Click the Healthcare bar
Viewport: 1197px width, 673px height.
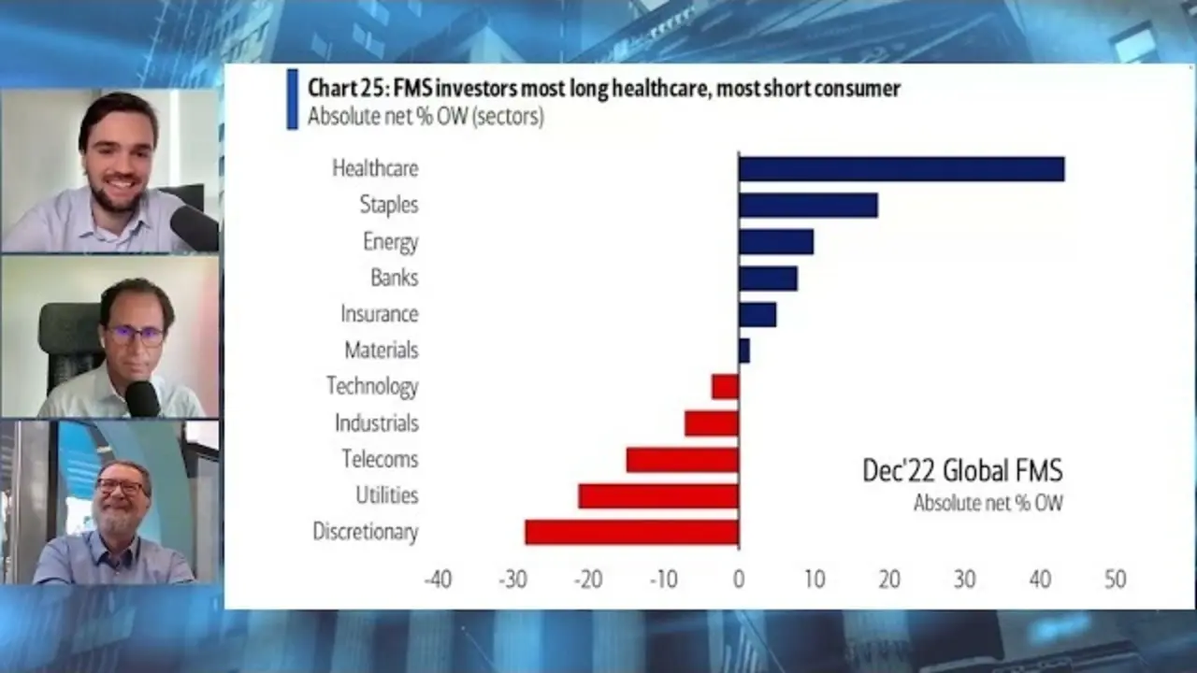(x=901, y=168)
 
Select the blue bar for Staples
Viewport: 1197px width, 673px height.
(x=808, y=205)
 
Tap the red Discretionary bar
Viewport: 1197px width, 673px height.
(x=631, y=532)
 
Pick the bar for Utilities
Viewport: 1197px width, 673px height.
(x=658, y=495)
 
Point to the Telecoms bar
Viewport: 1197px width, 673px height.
(x=682, y=459)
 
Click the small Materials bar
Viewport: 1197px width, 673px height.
(x=744, y=351)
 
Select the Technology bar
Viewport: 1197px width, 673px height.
(x=726, y=386)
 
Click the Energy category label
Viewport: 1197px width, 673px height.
(x=391, y=241)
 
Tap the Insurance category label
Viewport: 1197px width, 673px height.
(x=379, y=314)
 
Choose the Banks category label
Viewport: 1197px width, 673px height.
(x=394, y=278)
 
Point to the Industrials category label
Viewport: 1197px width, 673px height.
(x=376, y=422)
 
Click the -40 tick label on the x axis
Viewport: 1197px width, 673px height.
(x=438, y=580)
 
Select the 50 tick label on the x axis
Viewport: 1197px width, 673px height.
(x=1115, y=580)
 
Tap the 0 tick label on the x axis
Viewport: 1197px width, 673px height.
(x=739, y=580)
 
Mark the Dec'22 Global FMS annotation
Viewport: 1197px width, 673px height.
(x=962, y=470)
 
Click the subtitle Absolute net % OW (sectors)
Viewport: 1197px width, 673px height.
(x=425, y=117)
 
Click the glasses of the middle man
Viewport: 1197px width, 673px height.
(x=135, y=334)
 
